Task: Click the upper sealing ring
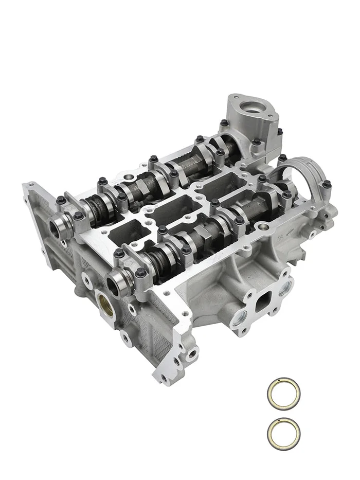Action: [283, 394]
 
